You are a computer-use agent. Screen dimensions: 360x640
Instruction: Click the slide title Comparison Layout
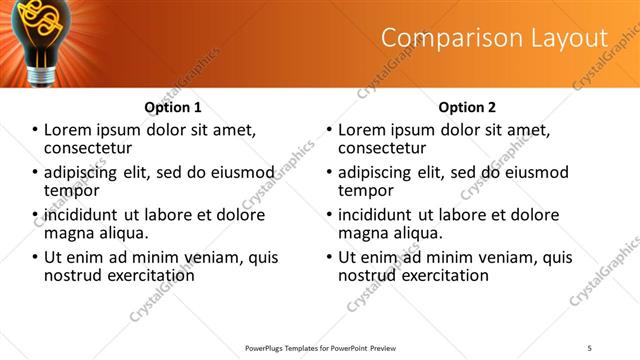[x=494, y=39]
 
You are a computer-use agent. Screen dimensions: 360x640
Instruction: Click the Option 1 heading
[x=173, y=107]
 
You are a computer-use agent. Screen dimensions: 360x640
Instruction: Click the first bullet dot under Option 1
[x=35, y=130]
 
